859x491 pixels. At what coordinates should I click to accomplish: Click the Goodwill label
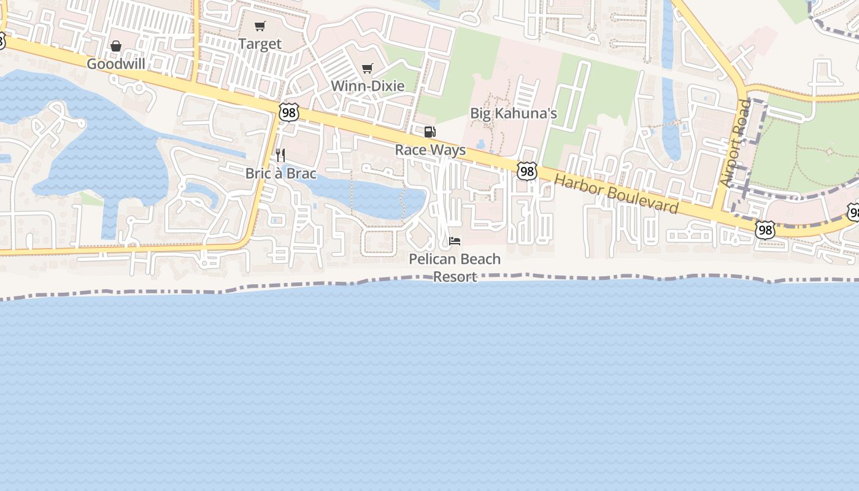coord(116,64)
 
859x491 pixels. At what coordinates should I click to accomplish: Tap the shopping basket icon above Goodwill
coord(116,46)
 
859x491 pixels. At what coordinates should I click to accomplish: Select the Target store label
coord(260,44)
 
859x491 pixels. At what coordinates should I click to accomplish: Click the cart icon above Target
coord(260,26)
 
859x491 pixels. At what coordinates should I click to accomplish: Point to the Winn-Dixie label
coord(368,85)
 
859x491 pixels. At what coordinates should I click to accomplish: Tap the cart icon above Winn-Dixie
coord(367,68)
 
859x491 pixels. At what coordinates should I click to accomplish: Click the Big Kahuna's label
coord(513,113)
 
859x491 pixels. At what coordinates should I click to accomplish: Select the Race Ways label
coord(430,150)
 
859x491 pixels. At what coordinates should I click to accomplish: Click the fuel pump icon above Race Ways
coord(429,132)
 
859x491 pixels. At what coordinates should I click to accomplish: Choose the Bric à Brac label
coord(281,173)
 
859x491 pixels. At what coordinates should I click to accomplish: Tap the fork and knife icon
coord(280,155)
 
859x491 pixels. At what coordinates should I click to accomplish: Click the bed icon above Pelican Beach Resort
coord(455,241)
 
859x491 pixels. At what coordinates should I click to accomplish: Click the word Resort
coord(455,276)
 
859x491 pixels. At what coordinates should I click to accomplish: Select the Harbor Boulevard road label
coord(616,194)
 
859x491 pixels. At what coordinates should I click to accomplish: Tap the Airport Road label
coord(736,143)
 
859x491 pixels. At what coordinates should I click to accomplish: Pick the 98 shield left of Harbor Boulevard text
coord(526,171)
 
